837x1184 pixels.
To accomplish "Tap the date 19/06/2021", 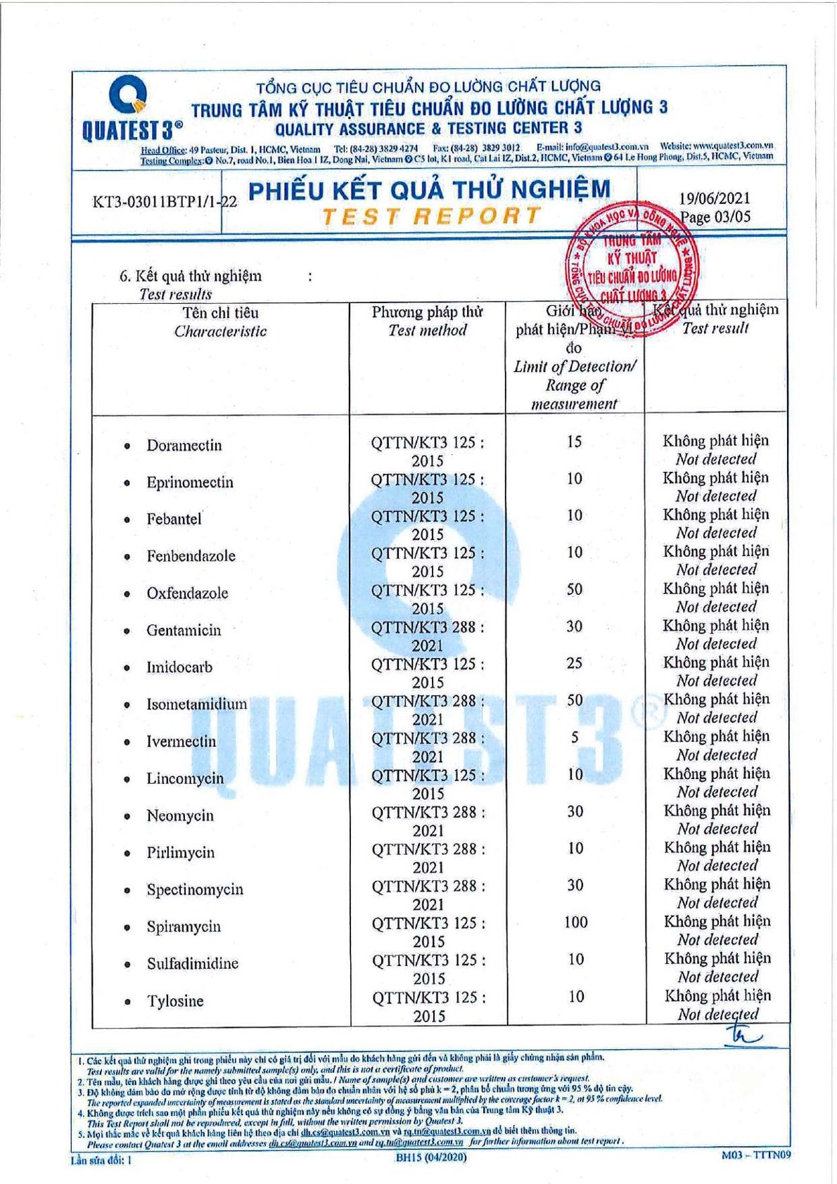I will coord(714,199).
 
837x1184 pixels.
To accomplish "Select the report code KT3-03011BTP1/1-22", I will coord(165,202).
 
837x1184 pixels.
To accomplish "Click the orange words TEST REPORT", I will coord(431,217).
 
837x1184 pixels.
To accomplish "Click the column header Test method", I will coord(427,330).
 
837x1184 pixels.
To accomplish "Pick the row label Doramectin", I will coord(184,446).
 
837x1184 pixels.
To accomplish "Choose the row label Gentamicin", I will coord(184,631).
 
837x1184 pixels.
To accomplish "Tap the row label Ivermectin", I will coord(181,742).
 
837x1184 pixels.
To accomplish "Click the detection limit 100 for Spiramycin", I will coord(575,922).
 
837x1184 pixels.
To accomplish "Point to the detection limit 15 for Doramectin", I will coord(574,442).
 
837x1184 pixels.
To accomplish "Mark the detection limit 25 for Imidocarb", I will coord(575,663).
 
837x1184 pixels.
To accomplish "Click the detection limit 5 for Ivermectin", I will coord(575,738).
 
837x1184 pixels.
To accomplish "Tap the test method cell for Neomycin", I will coord(428,821).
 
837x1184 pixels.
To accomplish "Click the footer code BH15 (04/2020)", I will coord(430,1157).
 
